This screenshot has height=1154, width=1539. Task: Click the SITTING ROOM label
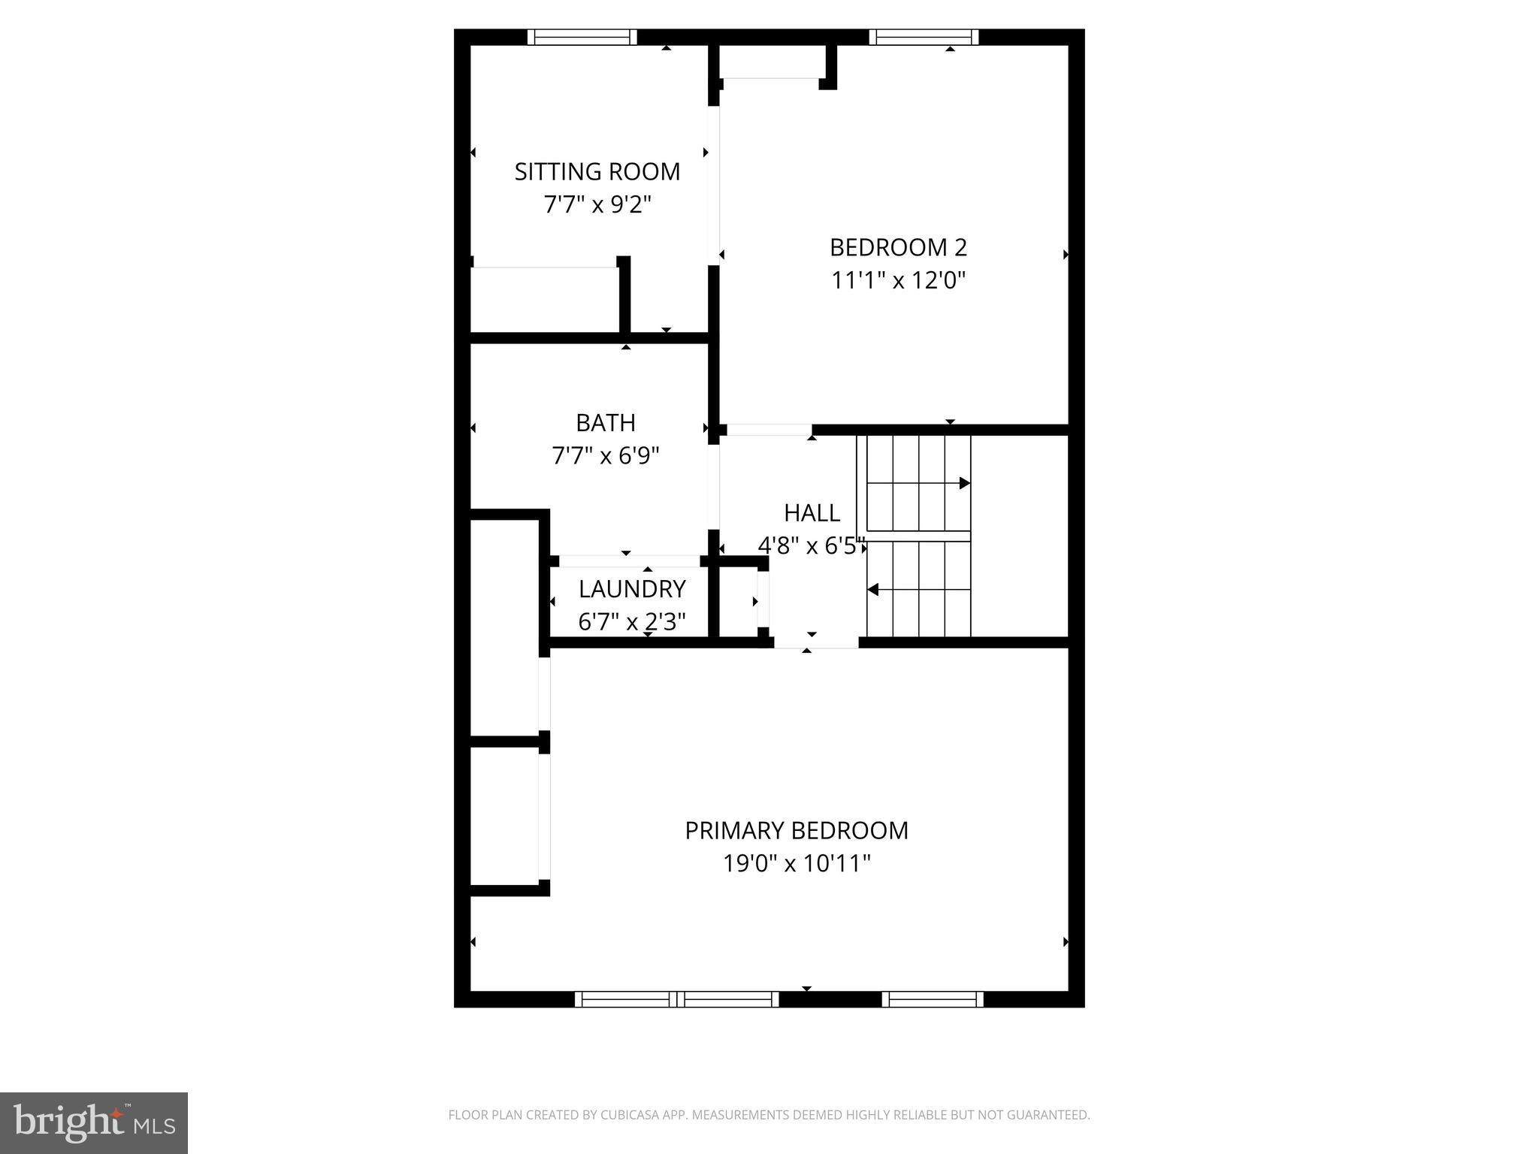coord(597,172)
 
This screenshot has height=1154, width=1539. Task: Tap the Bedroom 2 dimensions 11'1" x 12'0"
coord(898,280)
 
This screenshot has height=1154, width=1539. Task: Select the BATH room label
coord(606,423)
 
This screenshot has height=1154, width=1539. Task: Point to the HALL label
coord(812,513)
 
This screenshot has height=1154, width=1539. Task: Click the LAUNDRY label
coord(632,589)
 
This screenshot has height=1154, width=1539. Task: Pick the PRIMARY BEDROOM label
coord(797,830)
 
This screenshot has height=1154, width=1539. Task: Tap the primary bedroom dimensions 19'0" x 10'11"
coord(797,863)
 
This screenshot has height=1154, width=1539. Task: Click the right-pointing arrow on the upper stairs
coord(964,483)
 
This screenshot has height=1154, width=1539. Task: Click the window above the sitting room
coord(582,37)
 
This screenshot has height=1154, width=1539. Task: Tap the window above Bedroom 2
coord(924,37)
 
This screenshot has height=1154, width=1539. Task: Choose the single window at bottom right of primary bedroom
coord(933,998)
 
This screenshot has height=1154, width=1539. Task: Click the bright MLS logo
coord(94,1122)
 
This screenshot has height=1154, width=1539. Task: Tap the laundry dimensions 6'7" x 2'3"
coord(632,622)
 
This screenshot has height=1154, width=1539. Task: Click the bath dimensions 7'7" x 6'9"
coord(606,456)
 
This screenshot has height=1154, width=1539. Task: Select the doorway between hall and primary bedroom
coord(816,642)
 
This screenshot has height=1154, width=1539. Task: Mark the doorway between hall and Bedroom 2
coord(769,430)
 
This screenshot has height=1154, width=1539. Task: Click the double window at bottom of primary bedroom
coord(677,998)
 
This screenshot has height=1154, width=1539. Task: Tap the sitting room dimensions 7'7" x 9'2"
coord(597,204)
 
